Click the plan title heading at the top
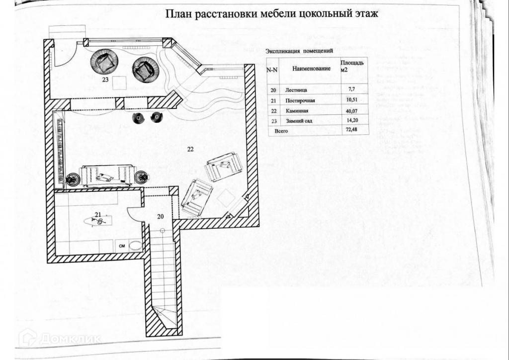[x=272, y=13]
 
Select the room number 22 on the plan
[x=190, y=149]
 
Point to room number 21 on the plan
[x=98, y=214]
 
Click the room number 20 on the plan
[x=160, y=216]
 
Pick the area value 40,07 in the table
[x=351, y=110]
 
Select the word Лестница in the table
[x=297, y=90]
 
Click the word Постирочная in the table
[x=301, y=100]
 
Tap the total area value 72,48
[x=351, y=131]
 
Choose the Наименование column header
[x=311, y=68]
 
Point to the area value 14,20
[x=351, y=120]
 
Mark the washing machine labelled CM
[x=121, y=245]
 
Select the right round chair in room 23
[x=146, y=69]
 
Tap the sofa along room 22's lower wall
[x=107, y=176]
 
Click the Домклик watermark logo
[x=60, y=338]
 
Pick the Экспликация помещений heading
[x=299, y=51]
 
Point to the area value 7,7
[x=348, y=90]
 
